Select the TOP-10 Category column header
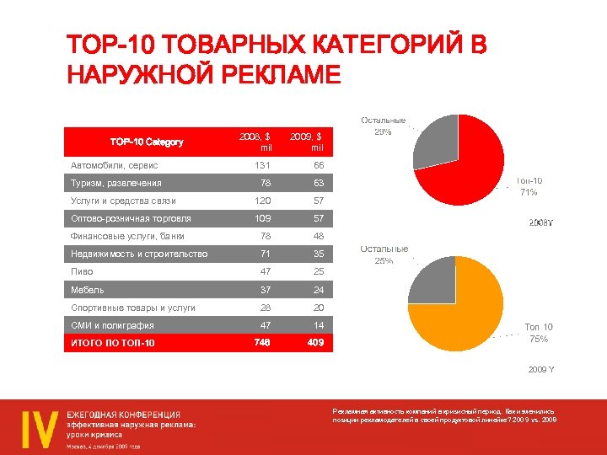(147, 142)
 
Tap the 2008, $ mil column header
(255, 142)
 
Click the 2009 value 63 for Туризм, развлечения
(319, 183)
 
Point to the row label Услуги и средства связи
(123, 201)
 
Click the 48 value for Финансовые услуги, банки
(319, 236)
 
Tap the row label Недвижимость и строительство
(139, 254)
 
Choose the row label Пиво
(82, 272)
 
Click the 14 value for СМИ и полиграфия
(319, 325)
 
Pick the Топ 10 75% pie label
(539, 332)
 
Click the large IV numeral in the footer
(40, 426)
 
